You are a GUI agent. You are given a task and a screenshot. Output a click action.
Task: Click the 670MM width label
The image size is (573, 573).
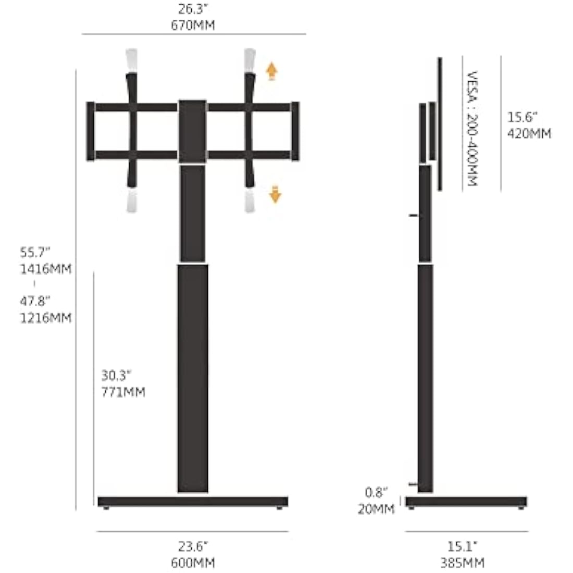click(193, 25)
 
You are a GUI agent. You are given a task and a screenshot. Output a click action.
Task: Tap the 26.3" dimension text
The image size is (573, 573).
click(193, 9)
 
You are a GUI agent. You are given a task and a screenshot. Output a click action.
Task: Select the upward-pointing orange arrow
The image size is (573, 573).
click(271, 71)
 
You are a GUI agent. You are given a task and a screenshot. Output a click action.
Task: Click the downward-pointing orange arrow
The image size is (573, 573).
click(275, 195)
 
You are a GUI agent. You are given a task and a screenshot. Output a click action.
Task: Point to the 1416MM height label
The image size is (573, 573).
click(46, 269)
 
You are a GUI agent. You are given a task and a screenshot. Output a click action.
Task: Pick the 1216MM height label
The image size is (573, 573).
click(46, 317)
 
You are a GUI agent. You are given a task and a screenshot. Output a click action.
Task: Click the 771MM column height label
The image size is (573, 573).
click(123, 392)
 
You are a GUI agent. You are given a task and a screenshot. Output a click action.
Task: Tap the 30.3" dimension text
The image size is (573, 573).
click(116, 375)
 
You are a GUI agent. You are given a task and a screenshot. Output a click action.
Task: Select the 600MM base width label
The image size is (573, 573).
click(193, 563)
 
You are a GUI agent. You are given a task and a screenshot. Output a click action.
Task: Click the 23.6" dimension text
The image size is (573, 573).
click(193, 546)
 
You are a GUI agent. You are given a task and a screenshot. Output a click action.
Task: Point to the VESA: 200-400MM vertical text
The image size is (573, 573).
click(472, 129)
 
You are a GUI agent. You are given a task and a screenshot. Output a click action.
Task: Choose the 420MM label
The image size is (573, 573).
click(529, 133)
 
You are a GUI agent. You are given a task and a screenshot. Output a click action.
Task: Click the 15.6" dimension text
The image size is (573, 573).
click(522, 117)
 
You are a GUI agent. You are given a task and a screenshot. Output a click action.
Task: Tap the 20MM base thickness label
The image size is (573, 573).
click(376, 509)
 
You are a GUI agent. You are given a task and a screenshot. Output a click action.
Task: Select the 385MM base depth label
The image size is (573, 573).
click(463, 563)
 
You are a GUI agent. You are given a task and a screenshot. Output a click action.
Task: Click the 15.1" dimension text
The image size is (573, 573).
click(463, 546)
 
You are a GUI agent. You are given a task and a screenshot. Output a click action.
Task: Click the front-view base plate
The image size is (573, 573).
click(193, 502)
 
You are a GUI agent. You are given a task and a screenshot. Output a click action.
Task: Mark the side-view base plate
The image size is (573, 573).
click(466, 502)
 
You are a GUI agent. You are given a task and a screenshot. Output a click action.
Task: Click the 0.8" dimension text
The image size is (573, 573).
click(376, 492)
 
